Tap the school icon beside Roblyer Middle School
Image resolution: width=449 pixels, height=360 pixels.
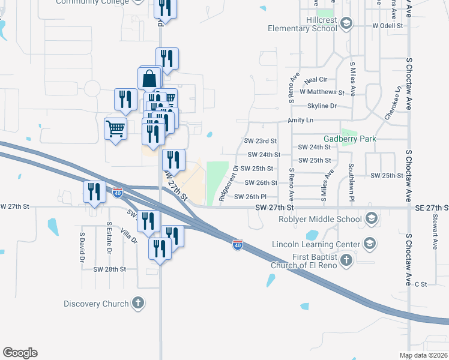[x=372, y=218]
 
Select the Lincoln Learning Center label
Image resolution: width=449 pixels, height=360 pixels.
[x=315, y=244]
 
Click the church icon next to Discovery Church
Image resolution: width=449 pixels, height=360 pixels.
[x=138, y=303]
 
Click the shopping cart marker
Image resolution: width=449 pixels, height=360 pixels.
[x=115, y=128]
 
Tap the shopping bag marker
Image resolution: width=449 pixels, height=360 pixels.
[x=149, y=79]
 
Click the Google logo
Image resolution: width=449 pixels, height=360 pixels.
[x=20, y=353]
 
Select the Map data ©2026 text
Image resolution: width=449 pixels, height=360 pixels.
[x=423, y=355]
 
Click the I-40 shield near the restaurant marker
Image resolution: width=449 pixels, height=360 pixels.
[x=118, y=193]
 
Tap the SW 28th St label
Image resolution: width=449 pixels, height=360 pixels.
[x=109, y=269]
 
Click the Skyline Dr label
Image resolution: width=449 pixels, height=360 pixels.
[x=322, y=106]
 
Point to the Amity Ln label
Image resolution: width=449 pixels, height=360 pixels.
[x=301, y=120]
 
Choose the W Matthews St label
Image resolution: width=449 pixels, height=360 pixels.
[x=322, y=92]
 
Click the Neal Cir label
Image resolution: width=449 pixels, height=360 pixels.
[x=315, y=79]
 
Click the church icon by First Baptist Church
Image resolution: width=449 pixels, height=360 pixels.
[x=346, y=260]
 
